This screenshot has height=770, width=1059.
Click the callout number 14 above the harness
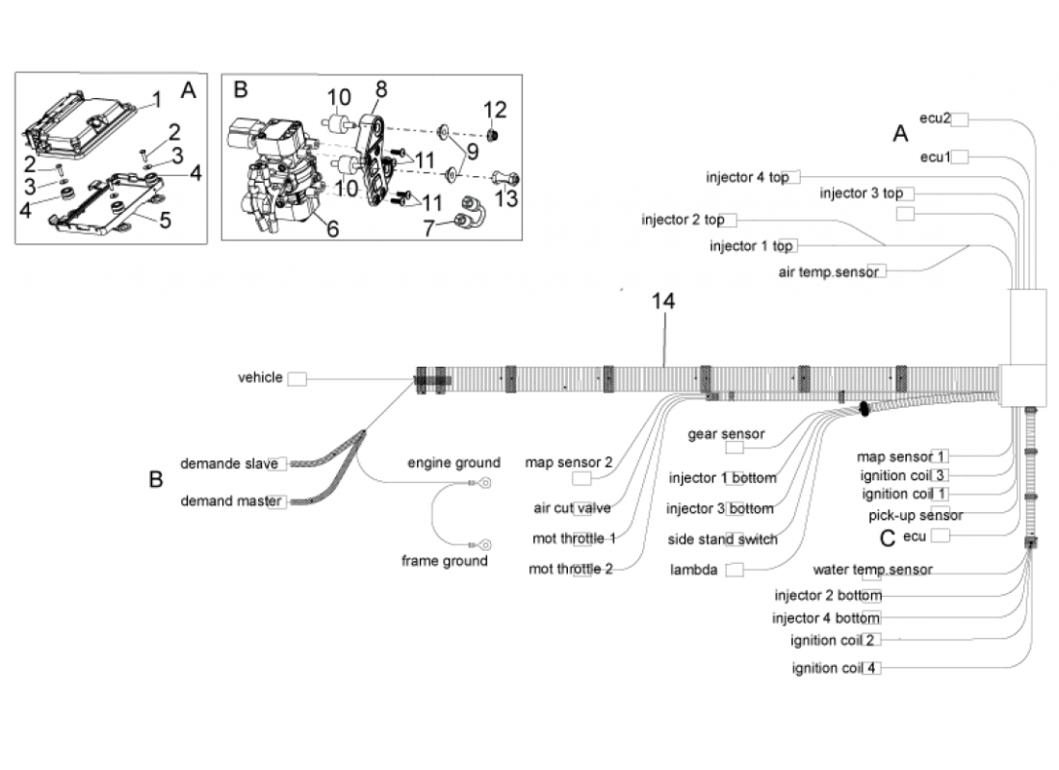(x=662, y=301)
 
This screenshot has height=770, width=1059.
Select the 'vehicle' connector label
(x=261, y=378)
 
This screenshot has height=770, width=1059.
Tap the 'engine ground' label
(x=453, y=462)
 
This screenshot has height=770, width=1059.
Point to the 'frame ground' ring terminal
(x=486, y=544)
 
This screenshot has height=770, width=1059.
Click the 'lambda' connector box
(x=735, y=570)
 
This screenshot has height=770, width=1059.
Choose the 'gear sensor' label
(x=726, y=434)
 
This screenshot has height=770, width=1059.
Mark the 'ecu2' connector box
(x=961, y=118)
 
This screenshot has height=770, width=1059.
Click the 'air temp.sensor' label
(x=828, y=272)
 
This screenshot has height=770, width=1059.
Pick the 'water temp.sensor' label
(x=872, y=570)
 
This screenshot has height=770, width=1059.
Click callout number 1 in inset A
(x=156, y=98)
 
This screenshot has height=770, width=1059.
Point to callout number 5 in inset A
(x=165, y=222)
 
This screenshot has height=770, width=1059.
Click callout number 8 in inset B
(x=381, y=89)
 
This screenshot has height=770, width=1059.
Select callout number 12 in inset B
(x=494, y=109)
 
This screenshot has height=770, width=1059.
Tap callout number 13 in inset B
(x=505, y=198)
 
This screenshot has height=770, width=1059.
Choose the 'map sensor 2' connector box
(x=581, y=478)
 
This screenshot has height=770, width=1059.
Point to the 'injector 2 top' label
(x=683, y=220)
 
